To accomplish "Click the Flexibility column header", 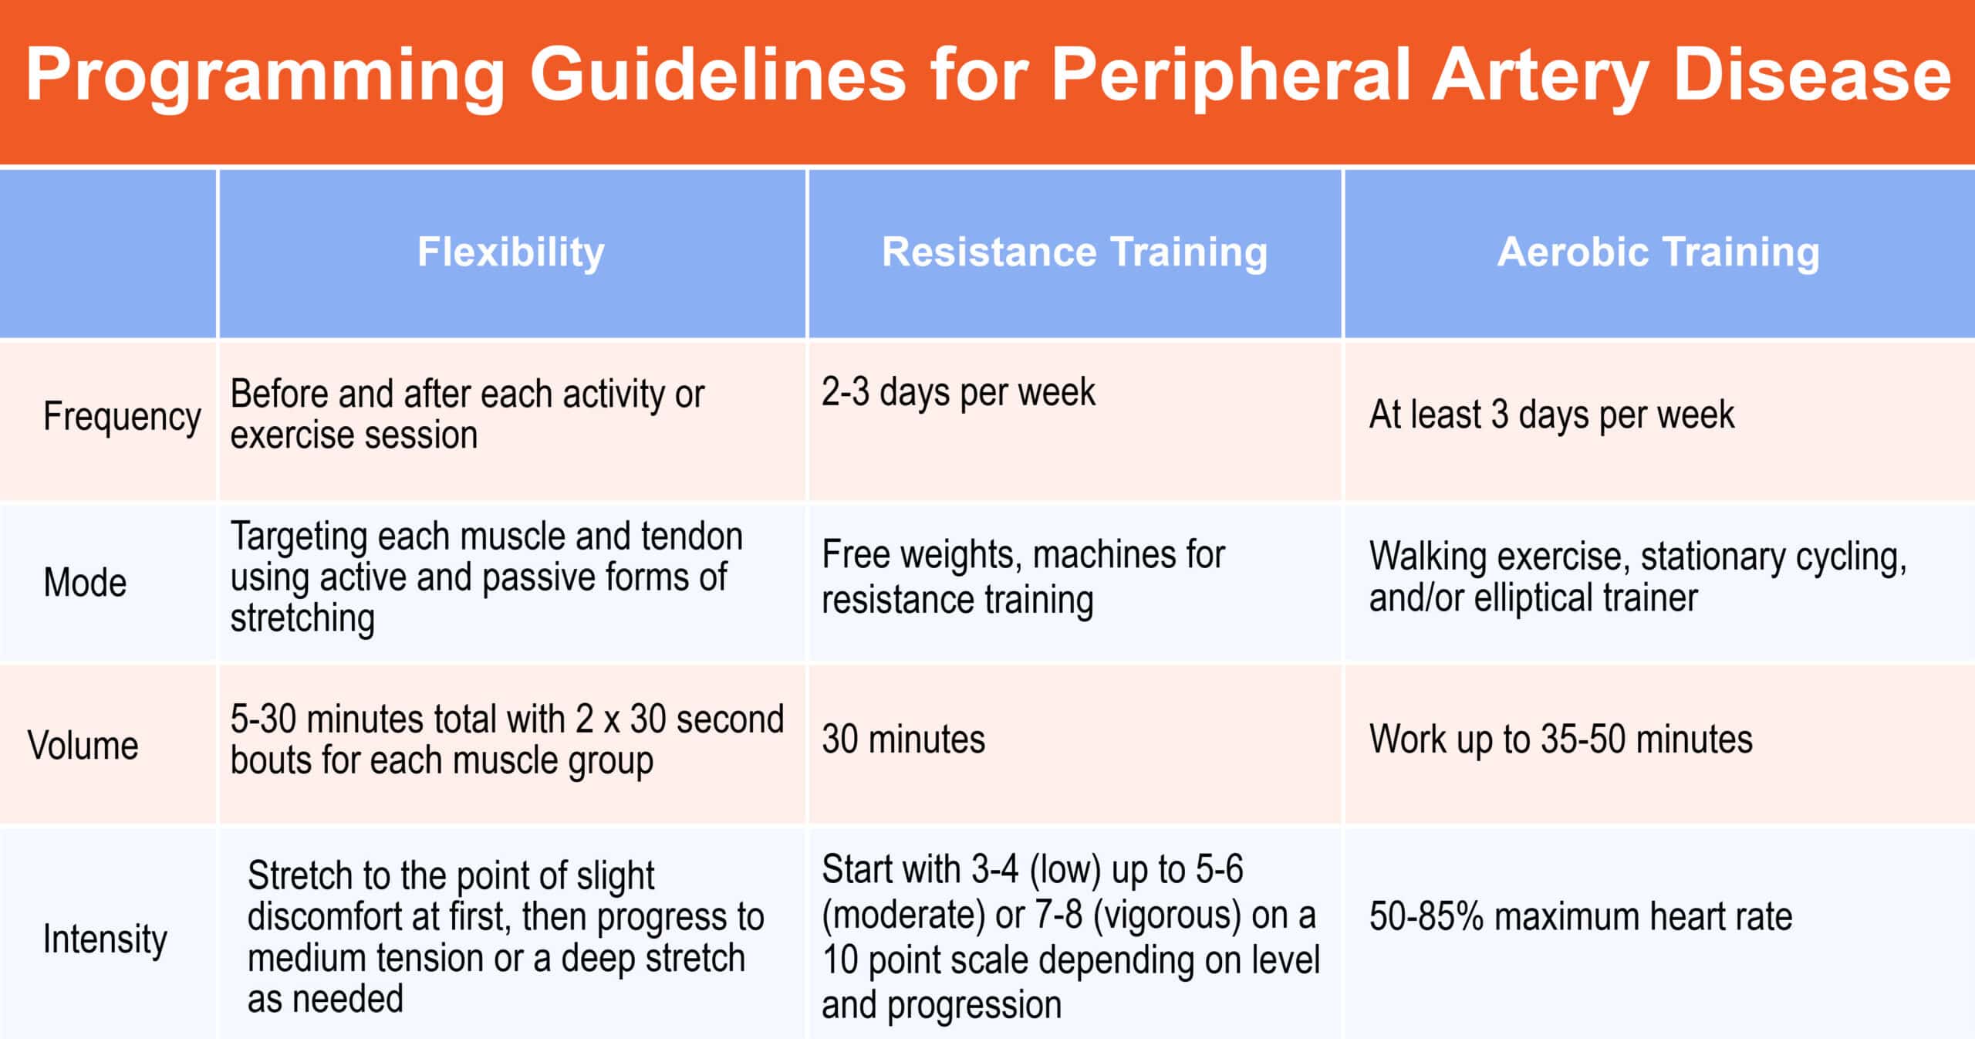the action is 511,252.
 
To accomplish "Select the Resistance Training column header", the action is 1075,252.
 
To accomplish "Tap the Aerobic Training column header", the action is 1659,252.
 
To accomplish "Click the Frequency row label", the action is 122,418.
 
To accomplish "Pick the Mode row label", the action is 85,582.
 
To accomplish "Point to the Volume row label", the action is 83,746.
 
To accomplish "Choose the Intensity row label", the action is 105,939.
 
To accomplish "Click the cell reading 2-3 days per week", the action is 958,392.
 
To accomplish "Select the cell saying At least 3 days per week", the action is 1551,415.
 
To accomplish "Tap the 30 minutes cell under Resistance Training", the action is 903,739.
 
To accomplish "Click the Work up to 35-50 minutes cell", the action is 1561,739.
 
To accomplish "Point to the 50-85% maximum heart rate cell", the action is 1581,917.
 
